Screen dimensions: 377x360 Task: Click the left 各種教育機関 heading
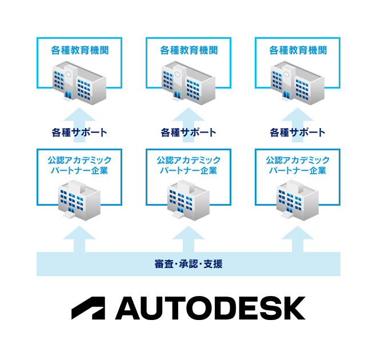pos(80,50)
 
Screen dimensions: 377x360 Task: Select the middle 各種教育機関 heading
pos(188,50)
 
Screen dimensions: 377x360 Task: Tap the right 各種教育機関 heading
pos(298,50)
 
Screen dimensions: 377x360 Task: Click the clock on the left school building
pos(69,74)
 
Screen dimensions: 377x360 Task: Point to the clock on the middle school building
pos(178,74)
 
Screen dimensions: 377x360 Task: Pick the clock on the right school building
pos(287,74)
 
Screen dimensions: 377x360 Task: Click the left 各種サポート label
pos(79,133)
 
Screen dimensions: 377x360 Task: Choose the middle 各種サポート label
pos(188,133)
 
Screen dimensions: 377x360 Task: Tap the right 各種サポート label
pos(298,133)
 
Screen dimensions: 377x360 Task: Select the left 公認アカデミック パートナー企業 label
pos(79,165)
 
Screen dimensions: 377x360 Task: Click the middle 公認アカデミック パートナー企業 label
pos(188,165)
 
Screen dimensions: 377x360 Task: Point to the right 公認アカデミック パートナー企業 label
pos(298,165)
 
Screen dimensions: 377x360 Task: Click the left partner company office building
pos(79,200)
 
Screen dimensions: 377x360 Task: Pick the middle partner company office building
pos(188,200)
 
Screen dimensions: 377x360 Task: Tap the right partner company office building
pos(298,200)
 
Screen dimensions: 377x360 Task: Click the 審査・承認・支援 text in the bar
pos(188,264)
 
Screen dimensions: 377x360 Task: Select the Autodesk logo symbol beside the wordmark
pos(88,308)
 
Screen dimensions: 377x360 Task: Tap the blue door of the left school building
pos(69,95)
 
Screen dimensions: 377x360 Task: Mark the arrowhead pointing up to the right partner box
pos(298,233)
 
